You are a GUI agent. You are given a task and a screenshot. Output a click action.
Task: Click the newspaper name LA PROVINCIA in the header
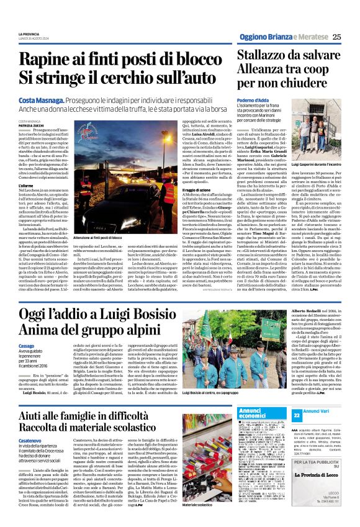point(30,32)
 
